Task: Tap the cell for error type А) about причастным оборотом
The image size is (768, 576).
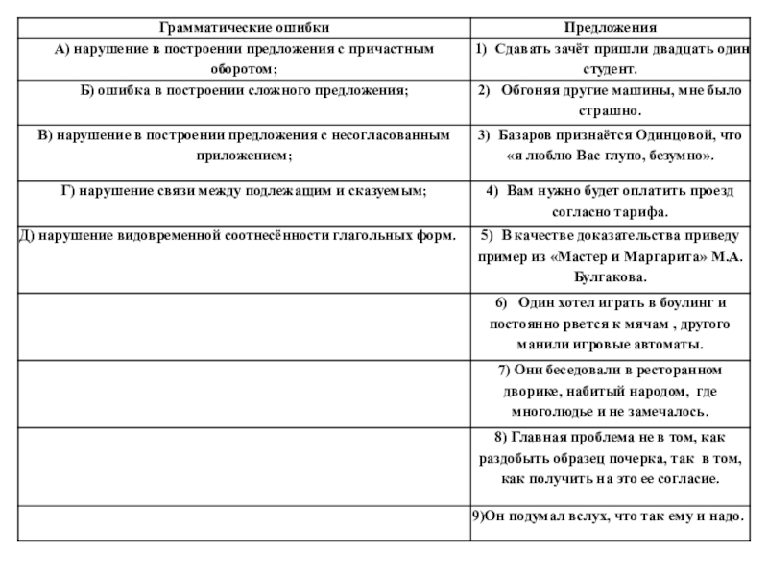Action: coord(242,60)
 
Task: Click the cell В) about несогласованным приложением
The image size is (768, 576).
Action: coord(242,145)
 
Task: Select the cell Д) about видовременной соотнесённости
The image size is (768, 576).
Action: coord(238,234)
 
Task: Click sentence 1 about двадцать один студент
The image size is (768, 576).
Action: coord(611,60)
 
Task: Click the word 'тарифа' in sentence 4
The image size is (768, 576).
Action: coord(640,211)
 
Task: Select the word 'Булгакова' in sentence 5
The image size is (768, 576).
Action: coord(610,277)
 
